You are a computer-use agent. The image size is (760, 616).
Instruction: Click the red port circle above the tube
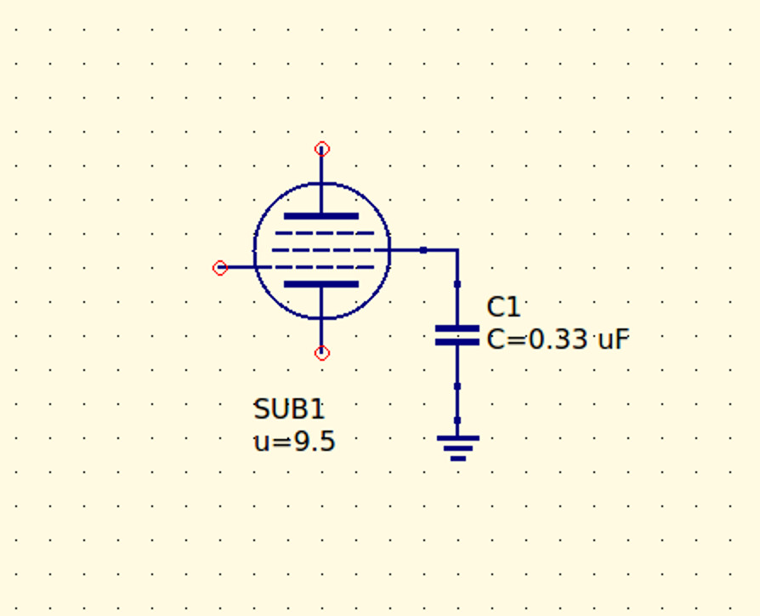tap(322, 149)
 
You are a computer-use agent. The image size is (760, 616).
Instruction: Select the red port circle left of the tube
tap(220, 268)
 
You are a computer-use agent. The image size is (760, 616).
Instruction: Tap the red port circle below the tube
tap(322, 353)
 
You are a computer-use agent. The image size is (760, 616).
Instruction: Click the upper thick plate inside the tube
tap(321, 216)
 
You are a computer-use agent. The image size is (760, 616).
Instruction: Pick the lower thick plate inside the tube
tap(321, 284)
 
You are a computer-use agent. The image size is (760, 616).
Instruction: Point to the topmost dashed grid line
tap(325, 233)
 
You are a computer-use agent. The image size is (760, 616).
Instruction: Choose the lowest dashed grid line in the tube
tap(325, 267)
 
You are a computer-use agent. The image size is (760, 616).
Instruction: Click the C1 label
tap(503, 307)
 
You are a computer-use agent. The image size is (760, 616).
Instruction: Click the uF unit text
tap(614, 339)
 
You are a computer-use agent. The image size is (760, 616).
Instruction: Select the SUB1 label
tap(289, 409)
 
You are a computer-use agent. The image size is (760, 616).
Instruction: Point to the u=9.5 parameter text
tap(295, 442)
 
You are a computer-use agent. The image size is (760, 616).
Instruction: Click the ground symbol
tap(458, 448)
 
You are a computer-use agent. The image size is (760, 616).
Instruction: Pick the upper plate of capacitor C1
tap(457, 329)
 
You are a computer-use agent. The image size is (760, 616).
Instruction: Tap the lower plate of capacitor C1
tap(457, 342)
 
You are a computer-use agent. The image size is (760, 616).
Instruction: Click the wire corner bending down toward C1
tap(457, 250)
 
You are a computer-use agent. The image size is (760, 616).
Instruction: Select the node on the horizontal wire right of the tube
tap(423, 250)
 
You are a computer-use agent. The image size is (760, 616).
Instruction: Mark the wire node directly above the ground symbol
tap(457, 420)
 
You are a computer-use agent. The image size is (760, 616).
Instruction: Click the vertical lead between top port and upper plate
tap(321, 181)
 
